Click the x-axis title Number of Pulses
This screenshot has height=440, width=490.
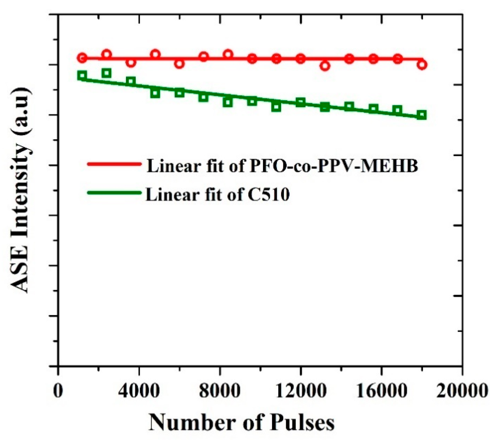[242, 422]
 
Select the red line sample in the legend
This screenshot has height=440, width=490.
[114, 164]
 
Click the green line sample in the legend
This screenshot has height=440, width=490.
[114, 192]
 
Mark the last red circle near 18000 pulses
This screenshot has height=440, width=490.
[422, 64]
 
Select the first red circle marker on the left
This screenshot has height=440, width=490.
[82, 58]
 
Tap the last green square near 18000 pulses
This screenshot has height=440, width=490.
[422, 115]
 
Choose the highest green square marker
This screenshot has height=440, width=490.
[106, 73]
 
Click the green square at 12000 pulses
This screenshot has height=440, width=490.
[300, 103]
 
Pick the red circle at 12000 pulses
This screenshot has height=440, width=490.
[300, 59]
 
